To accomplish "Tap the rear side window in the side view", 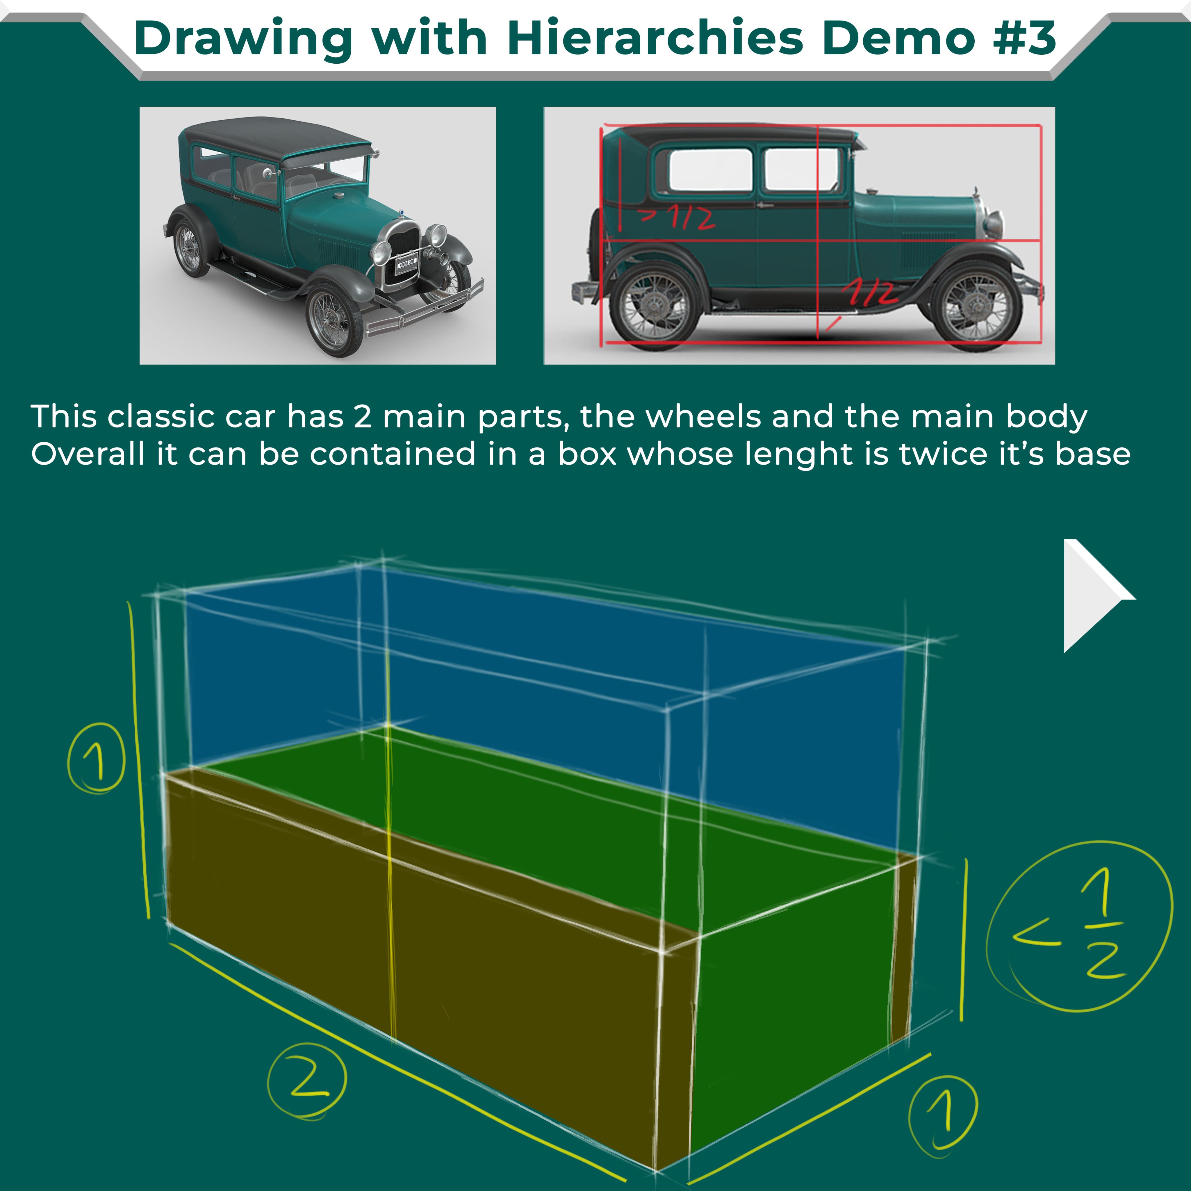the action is tap(710, 170).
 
